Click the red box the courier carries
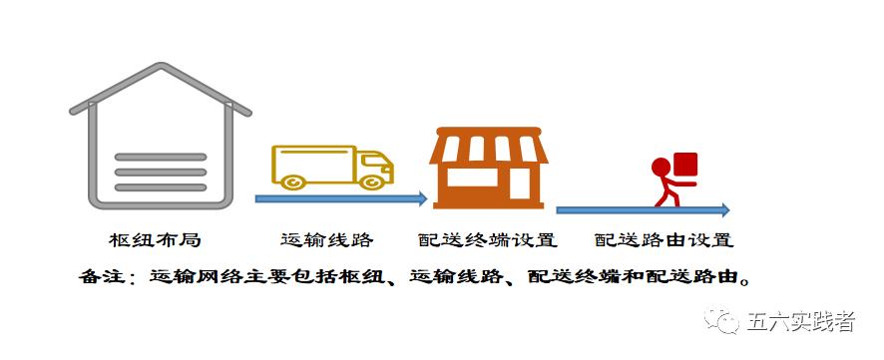coord(685,166)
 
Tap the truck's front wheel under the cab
coord(372,181)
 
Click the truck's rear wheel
coord(293,181)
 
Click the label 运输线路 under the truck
coord(326,240)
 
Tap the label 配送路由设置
coord(663,240)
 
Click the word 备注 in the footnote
coord(99,275)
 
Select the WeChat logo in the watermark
coord(721,321)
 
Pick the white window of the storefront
coord(474,178)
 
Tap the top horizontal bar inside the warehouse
coord(160,158)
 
